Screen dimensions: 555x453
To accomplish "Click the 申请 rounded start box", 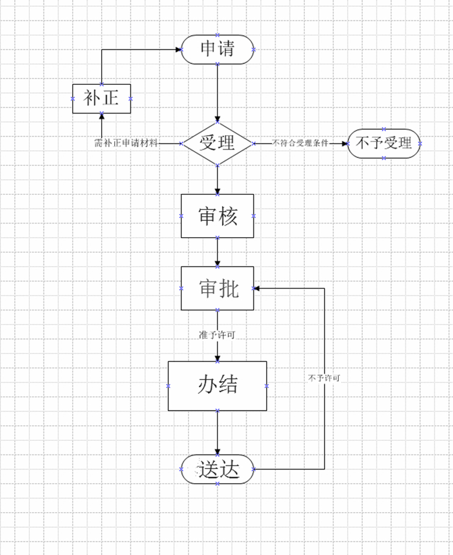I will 217,49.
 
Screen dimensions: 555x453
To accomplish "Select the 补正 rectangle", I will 102,98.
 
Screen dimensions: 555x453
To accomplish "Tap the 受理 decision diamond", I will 217,143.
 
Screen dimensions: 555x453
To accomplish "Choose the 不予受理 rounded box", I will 384,143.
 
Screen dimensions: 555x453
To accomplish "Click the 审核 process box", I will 217,216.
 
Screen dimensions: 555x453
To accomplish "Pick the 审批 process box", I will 217,288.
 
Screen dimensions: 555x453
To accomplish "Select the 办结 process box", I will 217,386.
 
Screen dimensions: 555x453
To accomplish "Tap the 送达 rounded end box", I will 217,469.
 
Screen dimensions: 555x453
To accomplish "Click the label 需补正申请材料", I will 126,143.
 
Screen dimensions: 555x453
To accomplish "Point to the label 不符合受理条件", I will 300,143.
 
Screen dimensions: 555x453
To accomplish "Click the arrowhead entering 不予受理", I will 344,143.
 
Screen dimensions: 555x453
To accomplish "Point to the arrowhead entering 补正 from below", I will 102,116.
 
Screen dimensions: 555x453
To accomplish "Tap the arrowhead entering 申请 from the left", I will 178,50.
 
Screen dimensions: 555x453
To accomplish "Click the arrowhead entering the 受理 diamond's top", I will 217,119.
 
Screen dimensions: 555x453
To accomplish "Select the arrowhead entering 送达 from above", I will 217,452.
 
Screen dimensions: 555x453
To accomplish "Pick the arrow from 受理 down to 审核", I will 217,179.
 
